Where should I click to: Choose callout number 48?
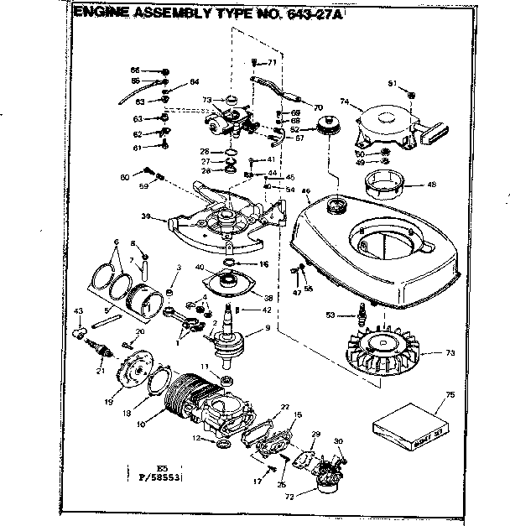[432, 185]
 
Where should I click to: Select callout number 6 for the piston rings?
[108, 241]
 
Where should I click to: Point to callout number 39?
[146, 216]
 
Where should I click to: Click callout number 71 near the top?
[272, 63]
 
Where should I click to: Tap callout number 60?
[125, 176]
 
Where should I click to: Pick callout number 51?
[391, 82]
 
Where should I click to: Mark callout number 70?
[318, 108]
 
